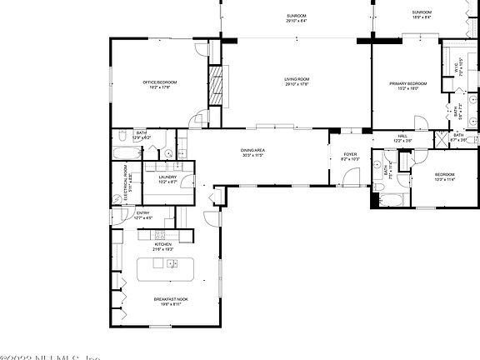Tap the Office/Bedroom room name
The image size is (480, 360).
pos(159,82)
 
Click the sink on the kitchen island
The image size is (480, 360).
pos(172,263)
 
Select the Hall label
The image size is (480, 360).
pos(402,137)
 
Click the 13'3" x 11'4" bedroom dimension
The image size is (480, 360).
pos(445,178)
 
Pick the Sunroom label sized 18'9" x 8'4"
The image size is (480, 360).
pos(421,17)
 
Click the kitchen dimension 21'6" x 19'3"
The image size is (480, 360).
pos(162,249)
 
